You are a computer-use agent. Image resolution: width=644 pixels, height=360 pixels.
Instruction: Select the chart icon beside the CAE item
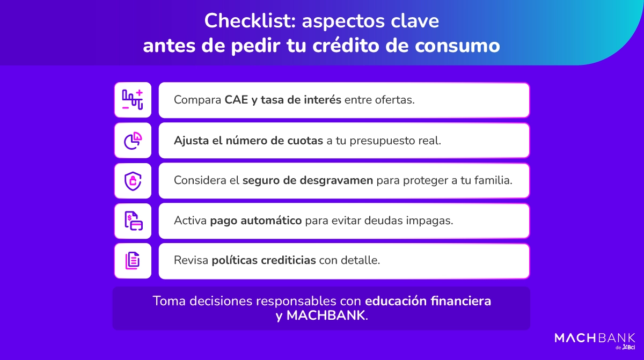point(133,100)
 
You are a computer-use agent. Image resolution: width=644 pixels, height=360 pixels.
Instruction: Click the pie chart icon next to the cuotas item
point(133,141)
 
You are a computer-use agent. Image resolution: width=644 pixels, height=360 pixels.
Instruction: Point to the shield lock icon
point(133,181)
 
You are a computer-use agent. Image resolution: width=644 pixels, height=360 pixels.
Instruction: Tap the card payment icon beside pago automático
point(133,221)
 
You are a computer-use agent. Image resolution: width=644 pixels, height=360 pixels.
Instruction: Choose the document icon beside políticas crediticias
point(133,261)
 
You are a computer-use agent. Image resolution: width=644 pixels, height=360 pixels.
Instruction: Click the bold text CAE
point(236,100)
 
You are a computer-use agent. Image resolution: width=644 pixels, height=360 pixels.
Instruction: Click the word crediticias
point(289,261)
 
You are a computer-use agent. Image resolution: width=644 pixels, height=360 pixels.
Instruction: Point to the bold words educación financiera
point(428,301)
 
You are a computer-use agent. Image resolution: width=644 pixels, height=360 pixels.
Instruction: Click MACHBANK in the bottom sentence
point(326,315)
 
